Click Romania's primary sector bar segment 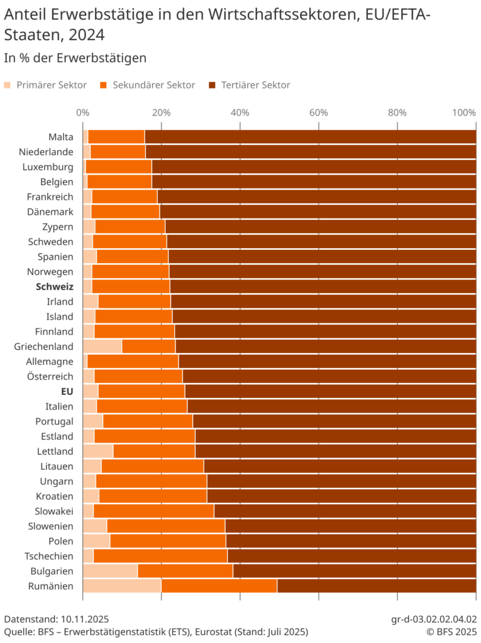coord(121,586)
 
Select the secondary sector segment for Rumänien coord(219,586)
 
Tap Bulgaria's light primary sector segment coord(109,571)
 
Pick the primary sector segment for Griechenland coord(102,346)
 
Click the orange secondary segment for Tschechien coord(160,556)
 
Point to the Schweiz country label coord(55,286)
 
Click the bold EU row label coord(66,391)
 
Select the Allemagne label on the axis coord(50,361)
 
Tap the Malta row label coord(60,136)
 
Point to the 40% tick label coord(240,112)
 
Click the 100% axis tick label coord(464,112)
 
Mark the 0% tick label coord(82,112)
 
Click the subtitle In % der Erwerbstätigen coord(75,58)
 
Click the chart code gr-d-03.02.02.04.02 coord(434,619)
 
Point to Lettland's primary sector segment coord(97,451)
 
